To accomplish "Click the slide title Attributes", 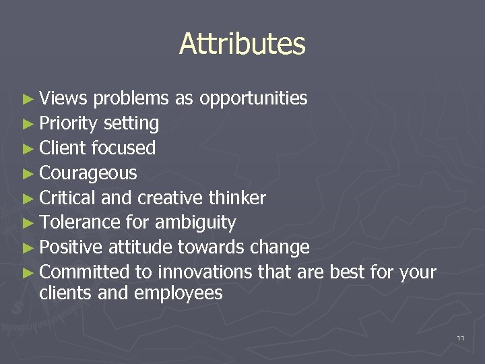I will (243, 44).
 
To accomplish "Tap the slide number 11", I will (460, 337).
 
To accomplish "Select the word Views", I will (63, 98).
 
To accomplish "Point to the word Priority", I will (70, 124).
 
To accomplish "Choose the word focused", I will (123, 148).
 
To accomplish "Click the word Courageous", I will (88, 174).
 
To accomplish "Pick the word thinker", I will (238, 198).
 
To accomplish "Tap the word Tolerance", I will (80, 222).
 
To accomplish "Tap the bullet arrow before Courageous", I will (27, 174).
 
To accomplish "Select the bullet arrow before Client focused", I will (27, 149).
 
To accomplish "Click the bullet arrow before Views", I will (27, 99).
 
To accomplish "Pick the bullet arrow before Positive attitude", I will (27, 248).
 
